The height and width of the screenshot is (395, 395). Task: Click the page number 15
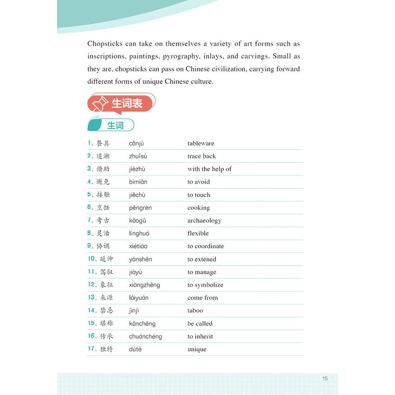click(x=325, y=378)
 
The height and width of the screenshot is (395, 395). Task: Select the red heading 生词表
click(x=127, y=104)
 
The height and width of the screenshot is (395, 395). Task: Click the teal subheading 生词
click(x=115, y=126)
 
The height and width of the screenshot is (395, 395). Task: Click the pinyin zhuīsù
click(x=138, y=156)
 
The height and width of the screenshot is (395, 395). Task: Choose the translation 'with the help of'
click(x=209, y=169)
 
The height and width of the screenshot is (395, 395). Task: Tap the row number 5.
click(x=90, y=194)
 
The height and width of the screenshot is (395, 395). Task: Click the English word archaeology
click(x=204, y=220)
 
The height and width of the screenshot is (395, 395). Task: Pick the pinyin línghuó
click(x=139, y=233)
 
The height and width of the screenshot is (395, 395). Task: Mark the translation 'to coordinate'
click(x=205, y=246)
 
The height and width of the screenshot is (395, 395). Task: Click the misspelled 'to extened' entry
click(x=201, y=259)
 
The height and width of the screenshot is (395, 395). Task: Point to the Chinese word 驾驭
click(x=106, y=272)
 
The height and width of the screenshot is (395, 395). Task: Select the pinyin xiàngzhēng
click(x=144, y=285)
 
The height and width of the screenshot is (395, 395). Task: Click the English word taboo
click(x=195, y=310)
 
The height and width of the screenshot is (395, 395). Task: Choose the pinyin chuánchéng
click(x=145, y=337)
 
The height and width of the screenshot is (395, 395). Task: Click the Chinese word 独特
click(x=106, y=349)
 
